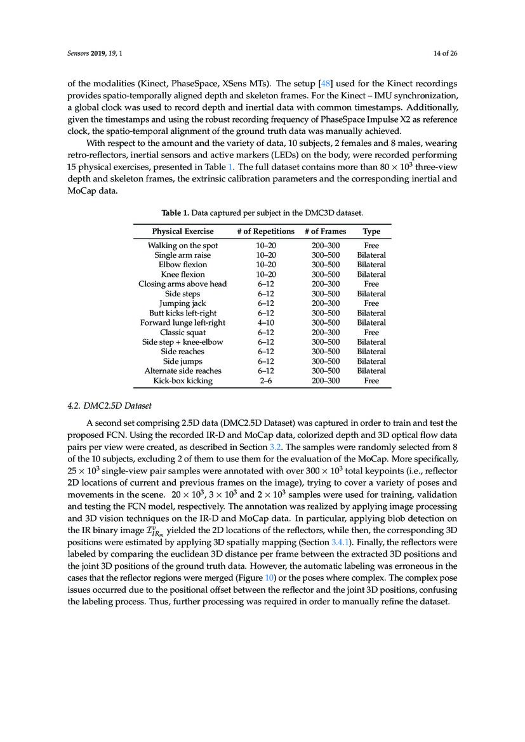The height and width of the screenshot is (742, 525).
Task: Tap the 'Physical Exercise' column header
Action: (x=183, y=232)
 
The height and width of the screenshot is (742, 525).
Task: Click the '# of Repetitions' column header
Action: (x=265, y=232)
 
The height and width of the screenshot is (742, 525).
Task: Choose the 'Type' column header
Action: (x=371, y=232)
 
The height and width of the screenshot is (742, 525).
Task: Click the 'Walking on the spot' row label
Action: (x=183, y=246)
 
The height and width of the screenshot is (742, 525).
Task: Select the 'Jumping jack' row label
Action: (x=183, y=303)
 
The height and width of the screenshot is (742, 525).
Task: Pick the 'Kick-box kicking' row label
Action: (x=183, y=381)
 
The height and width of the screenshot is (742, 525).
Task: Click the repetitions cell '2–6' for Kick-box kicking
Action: (x=265, y=381)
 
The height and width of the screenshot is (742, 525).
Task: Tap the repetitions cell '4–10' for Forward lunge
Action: (x=265, y=322)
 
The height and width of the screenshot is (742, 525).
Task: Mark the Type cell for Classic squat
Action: (x=371, y=333)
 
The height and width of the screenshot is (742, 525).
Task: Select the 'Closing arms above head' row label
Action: (x=183, y=284)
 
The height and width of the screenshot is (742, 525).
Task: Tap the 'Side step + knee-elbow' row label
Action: (x=183, y=342)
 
